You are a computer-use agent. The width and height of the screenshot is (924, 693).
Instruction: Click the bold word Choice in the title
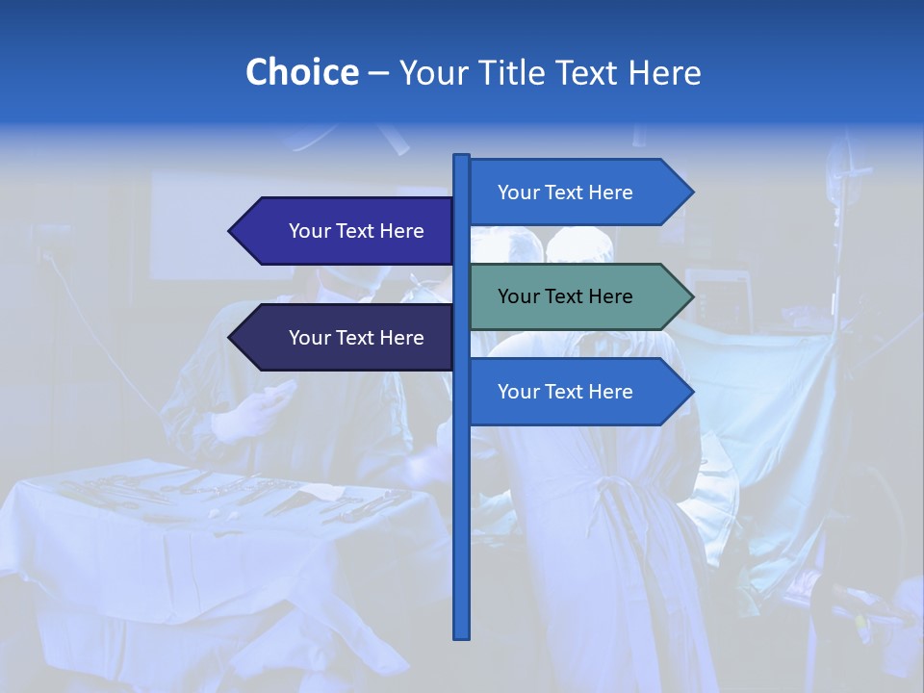pos(301,73)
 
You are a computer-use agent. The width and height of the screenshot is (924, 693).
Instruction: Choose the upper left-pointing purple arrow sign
pos(346,231)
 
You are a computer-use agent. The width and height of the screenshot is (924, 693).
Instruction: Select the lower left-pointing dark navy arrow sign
pos(346,338)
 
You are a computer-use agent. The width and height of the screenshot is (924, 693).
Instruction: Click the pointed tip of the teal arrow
pos(690,296)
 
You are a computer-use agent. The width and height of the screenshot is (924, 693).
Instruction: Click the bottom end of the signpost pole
pos(461,634)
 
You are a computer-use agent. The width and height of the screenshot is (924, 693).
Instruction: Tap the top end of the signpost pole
pos(461,158)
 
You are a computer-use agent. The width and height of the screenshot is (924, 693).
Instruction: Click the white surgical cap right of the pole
pos(579,244)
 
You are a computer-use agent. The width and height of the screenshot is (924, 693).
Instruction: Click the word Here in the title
pos(666,73)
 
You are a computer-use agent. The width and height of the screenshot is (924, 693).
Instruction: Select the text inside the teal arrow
pos(565,296)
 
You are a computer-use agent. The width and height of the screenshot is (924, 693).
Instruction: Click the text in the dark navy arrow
pos(356,338)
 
